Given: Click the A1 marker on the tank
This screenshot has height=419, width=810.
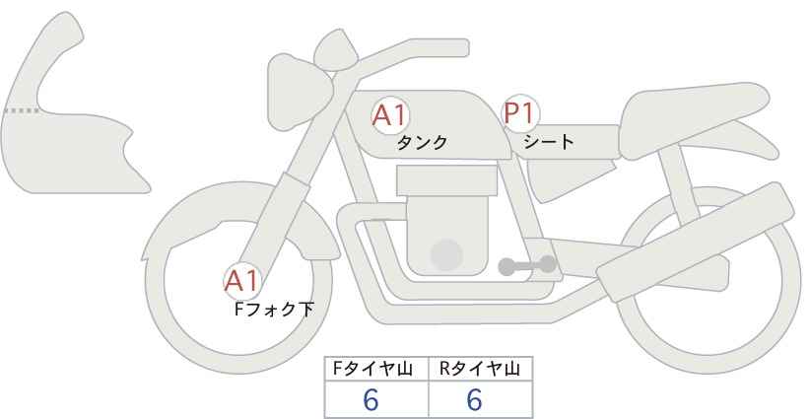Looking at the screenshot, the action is (x=390, y=114).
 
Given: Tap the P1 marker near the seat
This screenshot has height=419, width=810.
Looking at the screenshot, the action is (x=520, y=112).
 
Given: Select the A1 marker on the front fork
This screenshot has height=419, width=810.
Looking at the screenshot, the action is (x=242, y=282).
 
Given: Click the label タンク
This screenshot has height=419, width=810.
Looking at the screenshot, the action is (x=422, y=143).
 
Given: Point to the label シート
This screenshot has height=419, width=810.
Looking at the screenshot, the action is (x=548, y=141).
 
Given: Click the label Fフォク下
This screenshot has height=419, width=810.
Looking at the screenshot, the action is (x=274, y=310).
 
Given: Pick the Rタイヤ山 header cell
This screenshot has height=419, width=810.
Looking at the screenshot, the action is (x=481, y=369).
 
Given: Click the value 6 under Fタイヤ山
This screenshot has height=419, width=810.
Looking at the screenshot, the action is (x=371, y=399).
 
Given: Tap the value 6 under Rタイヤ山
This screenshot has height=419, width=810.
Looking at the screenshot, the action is (x=474, y=399).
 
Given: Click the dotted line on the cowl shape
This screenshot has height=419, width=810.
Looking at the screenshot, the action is (x=21, y=110).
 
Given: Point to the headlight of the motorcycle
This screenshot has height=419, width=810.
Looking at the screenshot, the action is (x=300, y=93).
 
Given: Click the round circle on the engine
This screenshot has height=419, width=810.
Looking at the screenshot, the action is (x=446, y=254).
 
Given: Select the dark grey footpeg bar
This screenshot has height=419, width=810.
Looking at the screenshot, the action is (x=527, y=266).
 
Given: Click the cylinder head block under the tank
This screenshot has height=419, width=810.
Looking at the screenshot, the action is (x=446, y=180).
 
